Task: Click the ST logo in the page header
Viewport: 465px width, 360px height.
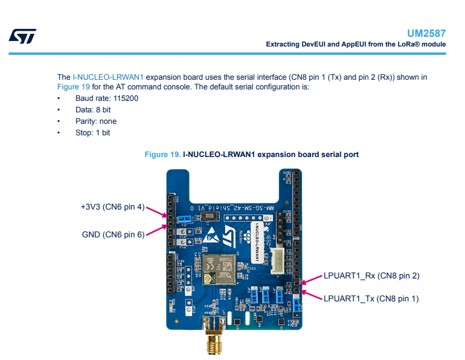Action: (x=22, y=36)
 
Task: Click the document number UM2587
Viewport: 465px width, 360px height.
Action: (x=427, y=34)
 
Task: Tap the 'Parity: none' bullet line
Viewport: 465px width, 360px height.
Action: (x=96, y=121)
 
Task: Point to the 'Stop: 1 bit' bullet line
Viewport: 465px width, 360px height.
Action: (x=92, y=132)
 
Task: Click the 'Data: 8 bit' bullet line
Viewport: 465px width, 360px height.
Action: (x=93, y=109)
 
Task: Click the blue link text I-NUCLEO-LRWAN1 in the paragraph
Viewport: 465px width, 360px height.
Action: (x=108, y=77)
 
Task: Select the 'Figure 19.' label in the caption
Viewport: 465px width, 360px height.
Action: (x=162, y=155)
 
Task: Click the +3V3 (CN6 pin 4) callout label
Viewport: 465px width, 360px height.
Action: (x=113, y=207)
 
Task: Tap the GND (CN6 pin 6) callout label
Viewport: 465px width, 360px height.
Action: (x=113, y=234)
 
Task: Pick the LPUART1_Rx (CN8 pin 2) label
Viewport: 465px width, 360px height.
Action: (x=371, y=275)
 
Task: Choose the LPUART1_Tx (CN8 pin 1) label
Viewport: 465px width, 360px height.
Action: (x=371, y=298)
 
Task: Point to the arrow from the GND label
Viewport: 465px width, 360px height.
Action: (x=156, y=230)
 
